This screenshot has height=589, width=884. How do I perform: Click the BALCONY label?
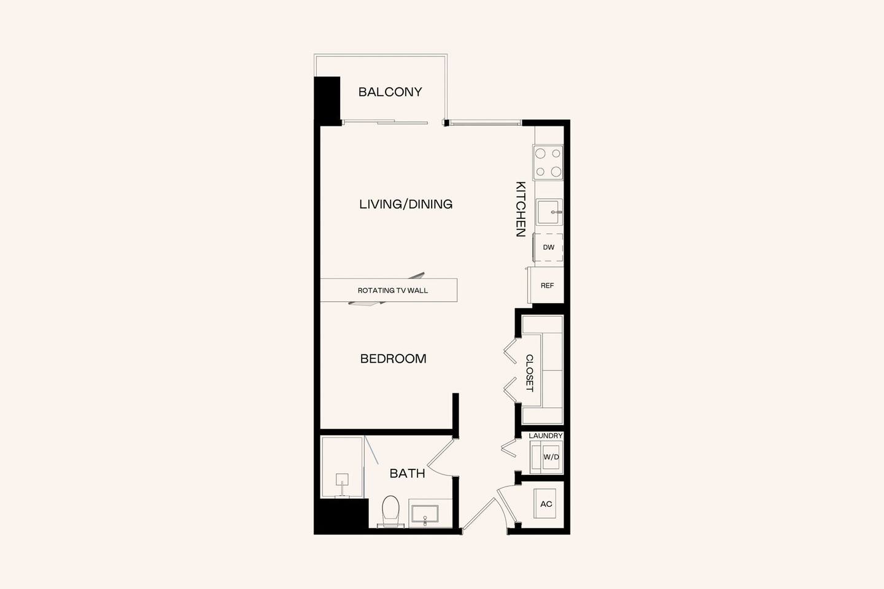[390, 92]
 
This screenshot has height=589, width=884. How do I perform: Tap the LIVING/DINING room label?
[406, 204]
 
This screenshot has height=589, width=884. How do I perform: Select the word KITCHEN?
[520, 209]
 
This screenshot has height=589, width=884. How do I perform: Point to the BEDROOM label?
[393, 359]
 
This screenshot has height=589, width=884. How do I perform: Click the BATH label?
[407, 474]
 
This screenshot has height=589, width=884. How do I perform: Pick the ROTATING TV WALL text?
[392, 291]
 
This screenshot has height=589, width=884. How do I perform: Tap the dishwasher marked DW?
[548, 248]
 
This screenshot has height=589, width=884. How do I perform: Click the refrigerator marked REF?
[547, 286]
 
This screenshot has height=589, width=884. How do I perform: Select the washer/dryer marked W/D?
[551, 457]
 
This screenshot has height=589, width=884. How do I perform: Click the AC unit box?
[545, 504]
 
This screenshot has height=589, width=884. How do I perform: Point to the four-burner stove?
[548, 163]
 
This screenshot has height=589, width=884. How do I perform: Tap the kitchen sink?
[548, 212]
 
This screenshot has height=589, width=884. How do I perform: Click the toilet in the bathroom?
[390, 511]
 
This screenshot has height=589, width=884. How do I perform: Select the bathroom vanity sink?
[424, 515]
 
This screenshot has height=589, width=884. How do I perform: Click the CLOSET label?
[529, 373]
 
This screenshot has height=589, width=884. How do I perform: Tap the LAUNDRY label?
[545, 436]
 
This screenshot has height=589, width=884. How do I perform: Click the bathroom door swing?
[440, 458]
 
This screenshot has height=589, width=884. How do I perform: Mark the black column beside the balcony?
[327, 100]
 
